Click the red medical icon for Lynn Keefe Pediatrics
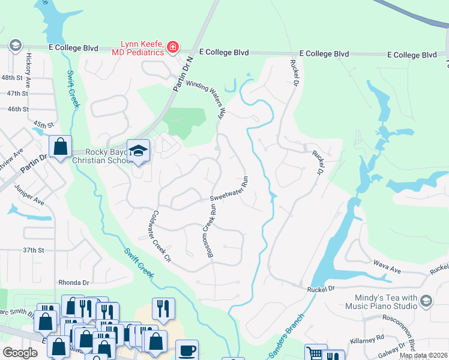173,47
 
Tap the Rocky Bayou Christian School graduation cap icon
138,151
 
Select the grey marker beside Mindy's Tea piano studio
426,300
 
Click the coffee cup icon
186,349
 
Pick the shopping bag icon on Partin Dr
60,146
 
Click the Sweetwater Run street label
229,189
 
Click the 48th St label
15,78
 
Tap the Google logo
20,353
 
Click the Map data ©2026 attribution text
423,355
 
